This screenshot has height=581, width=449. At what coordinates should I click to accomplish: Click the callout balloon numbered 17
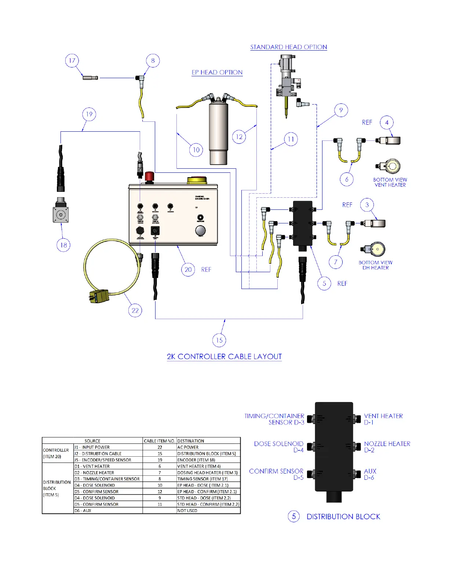(x=72, y=61)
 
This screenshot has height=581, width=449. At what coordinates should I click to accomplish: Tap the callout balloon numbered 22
(x=135, y=311)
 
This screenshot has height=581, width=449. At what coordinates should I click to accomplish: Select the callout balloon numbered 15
(x=219, y=340)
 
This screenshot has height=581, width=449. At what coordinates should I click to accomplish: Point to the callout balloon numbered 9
(x=341, y=110)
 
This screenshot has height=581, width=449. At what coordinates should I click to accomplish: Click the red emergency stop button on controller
(x=149, y=176)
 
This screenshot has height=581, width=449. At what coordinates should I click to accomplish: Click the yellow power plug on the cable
(x=97, y=296)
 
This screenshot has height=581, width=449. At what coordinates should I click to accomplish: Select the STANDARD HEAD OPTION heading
(x=288, y=47)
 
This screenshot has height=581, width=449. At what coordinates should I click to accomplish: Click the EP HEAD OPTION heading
(x=217, y=72)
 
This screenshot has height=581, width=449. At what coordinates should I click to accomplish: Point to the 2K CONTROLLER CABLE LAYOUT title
(x=224, y=357)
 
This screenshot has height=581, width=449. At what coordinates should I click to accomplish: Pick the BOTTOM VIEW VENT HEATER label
(x=390, y=182)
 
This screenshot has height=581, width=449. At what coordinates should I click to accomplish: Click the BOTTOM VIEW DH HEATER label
(x=375, y=265)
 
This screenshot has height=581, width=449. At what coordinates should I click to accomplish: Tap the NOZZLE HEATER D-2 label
(x=387, y=447)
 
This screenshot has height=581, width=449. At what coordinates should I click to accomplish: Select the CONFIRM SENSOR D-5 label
(x=276, y=474)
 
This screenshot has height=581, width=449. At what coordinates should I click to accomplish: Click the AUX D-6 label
(x=370, y=474)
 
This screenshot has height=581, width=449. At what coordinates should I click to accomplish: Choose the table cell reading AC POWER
(x=188, y=447)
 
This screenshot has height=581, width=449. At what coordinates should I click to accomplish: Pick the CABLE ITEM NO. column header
(x=159, y=441)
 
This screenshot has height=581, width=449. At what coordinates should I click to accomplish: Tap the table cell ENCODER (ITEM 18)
(x=196, y=460)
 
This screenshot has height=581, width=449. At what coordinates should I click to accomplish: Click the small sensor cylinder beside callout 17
(x=90, y=77)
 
